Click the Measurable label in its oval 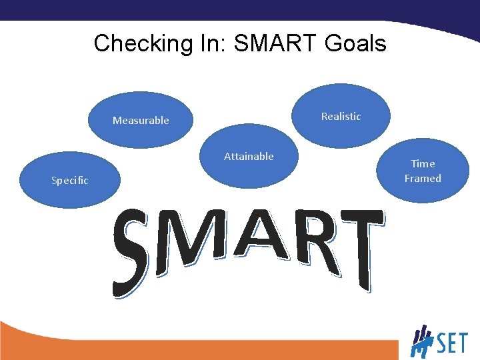pos(141,121)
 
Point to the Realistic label pos(341,117)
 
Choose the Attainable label pos(249,157)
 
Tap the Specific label pos(70,181)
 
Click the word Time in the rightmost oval pos(423,163)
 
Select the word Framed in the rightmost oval pos(423,179)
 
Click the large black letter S pos(132,253)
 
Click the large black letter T pos(361,247)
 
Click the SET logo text pos(451,344)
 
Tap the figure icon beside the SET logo pos(421,341)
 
